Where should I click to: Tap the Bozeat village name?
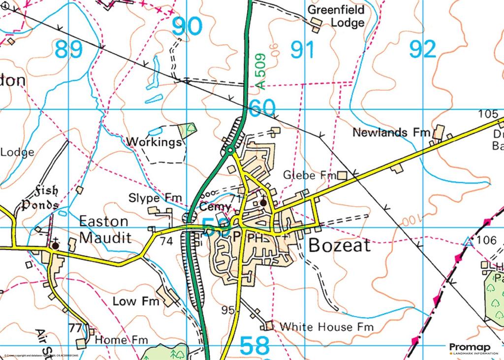click(x=340, y=245)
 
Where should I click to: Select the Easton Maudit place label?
click(x=105, y=229)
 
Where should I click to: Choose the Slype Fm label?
click(x=155, y=198)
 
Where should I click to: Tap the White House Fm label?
click(x=326, y=327)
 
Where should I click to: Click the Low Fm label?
click(x=136, y=300)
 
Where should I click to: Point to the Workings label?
click(x=154, y=142)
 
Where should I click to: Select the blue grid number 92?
click(x=422, y=50)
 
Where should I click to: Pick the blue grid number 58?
click(x=255, y=346)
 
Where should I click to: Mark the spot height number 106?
click(x=486, y=241)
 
